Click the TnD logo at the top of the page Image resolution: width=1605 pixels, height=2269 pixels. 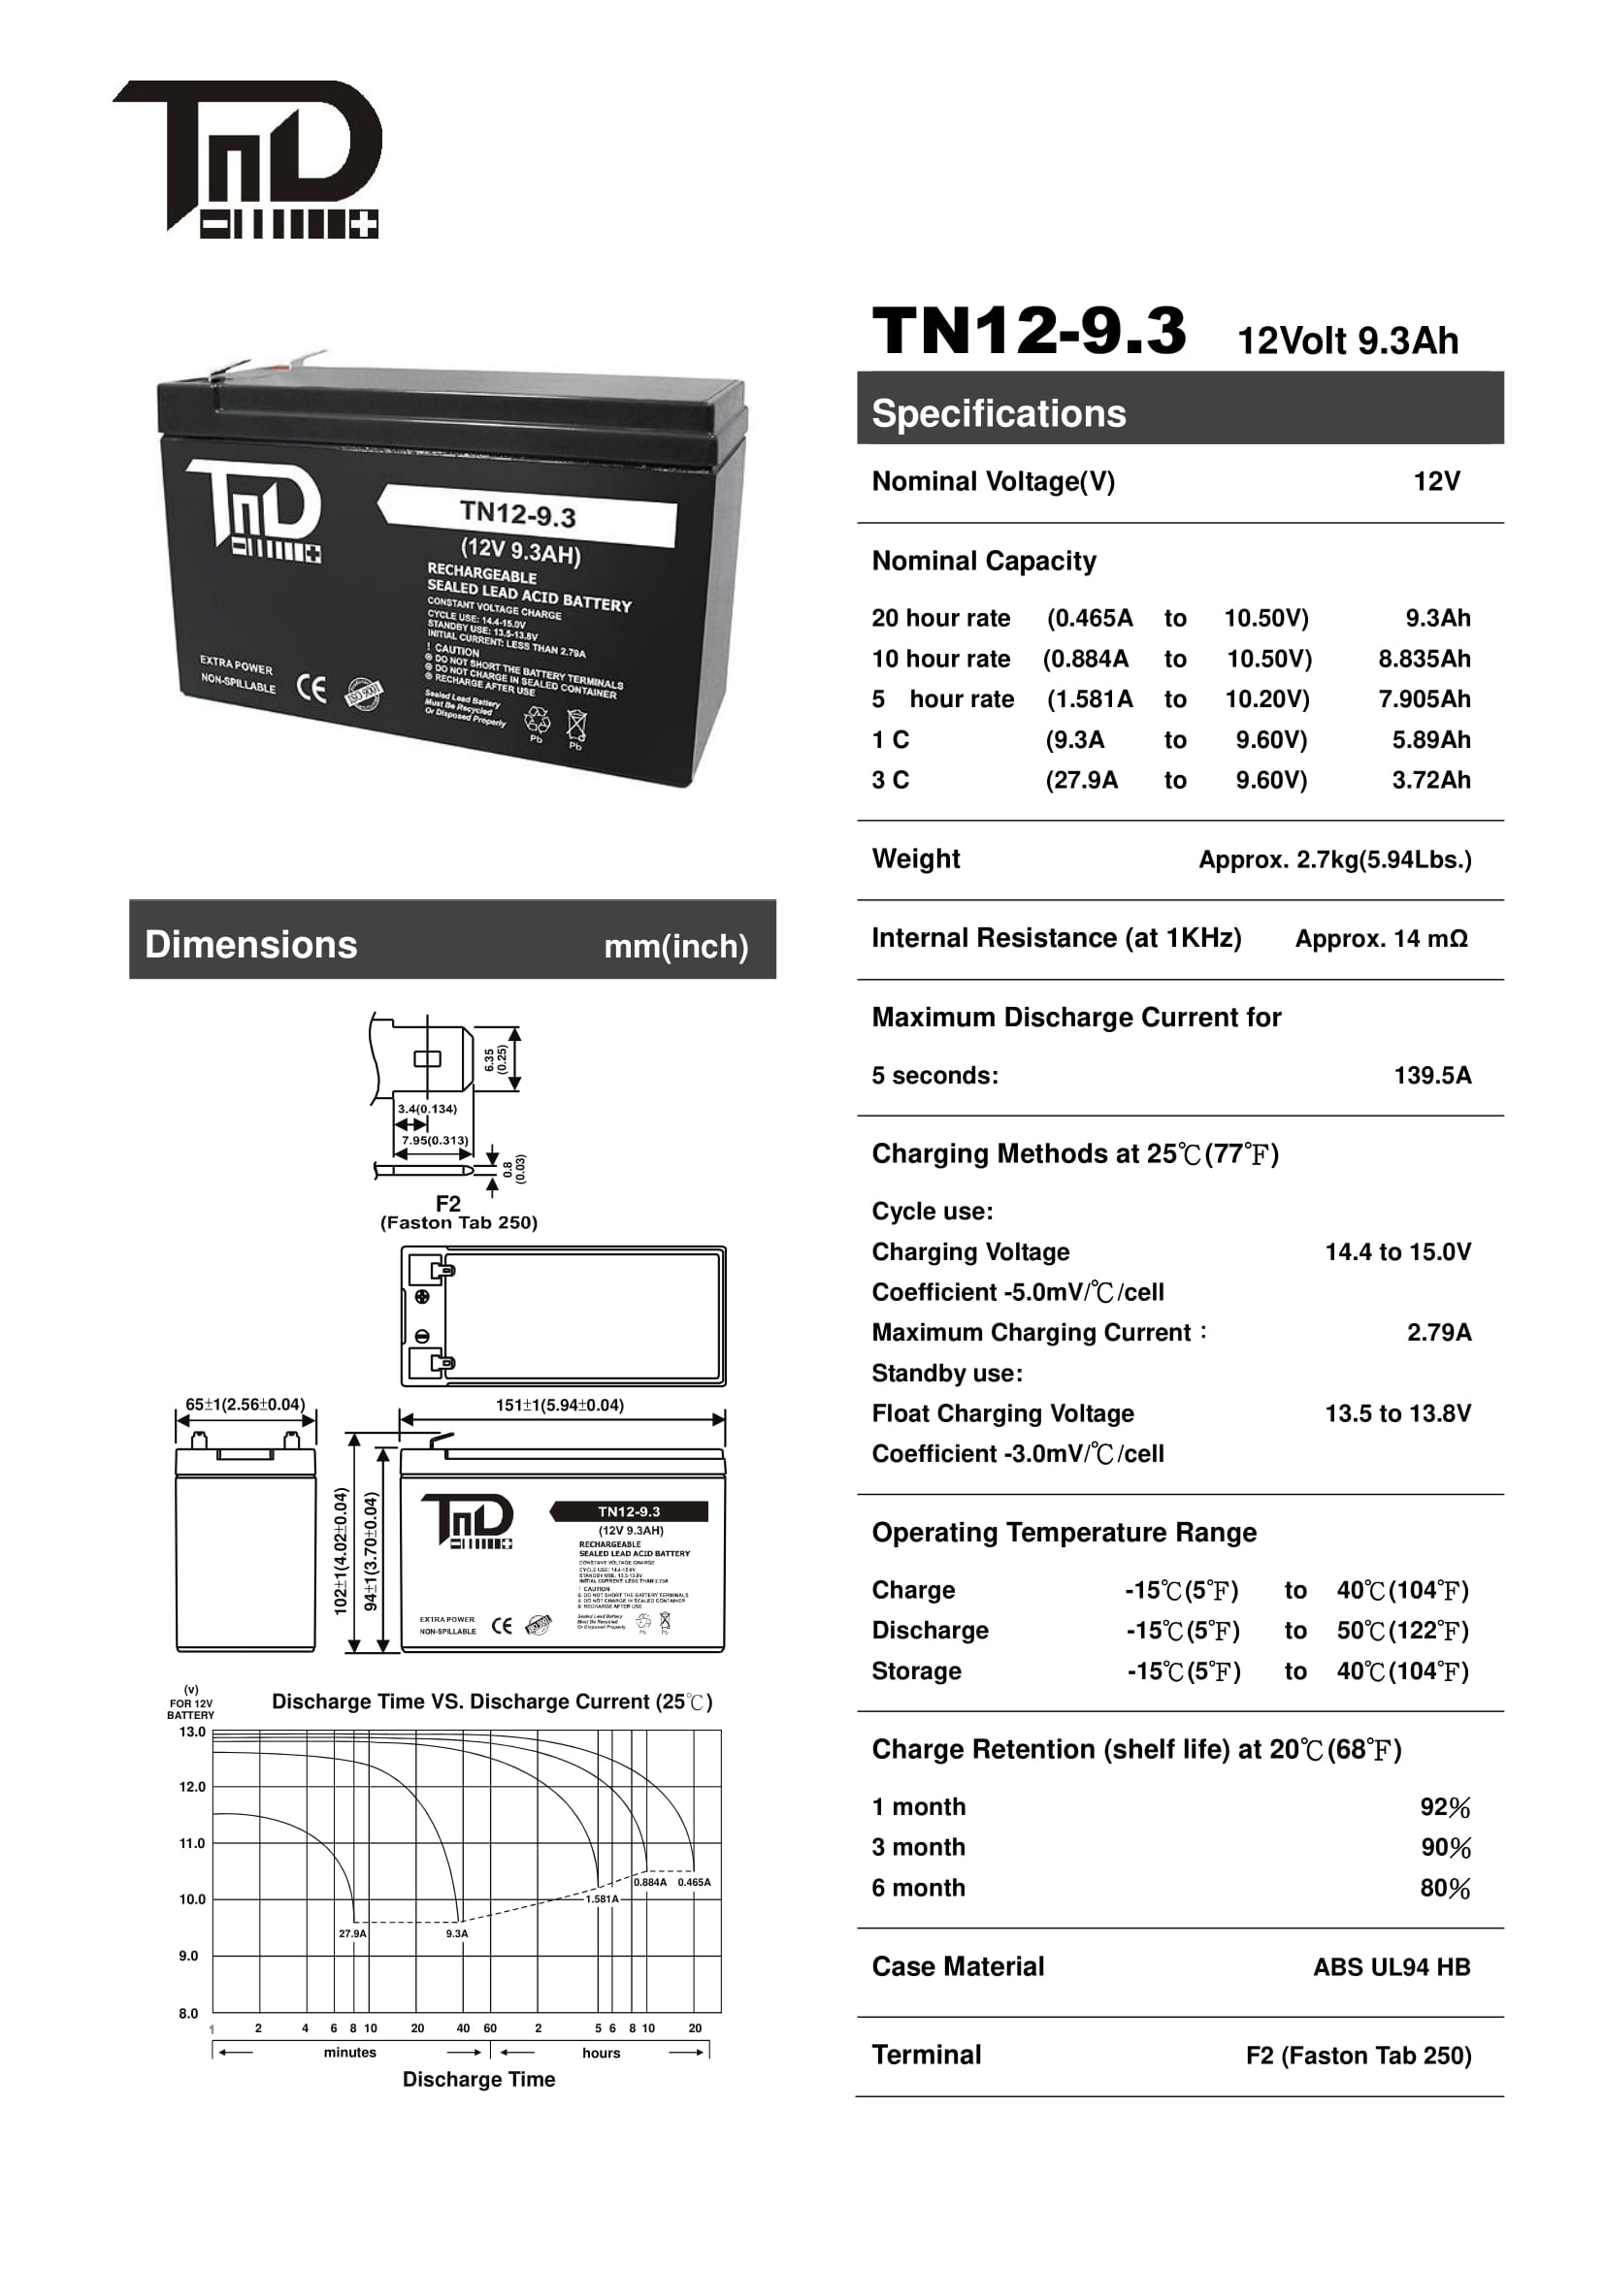pyautogui.click(x=248, y=158)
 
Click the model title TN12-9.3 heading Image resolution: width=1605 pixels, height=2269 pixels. pyautogui.click(x=1028, y=330)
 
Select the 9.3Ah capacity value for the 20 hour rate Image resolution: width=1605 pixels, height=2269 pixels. pyautogui.click(x=1437, y=619)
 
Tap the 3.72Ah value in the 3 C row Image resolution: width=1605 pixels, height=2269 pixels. pyautogui.click(x=1430, y=781)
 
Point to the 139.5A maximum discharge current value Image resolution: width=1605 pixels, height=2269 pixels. pyautogui.click(x=1431, y=1075)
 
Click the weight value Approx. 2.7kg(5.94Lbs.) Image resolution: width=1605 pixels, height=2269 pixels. pyautogui.click(x=1334, y=859)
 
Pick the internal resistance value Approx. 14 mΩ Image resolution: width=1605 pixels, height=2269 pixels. pyautogui.click(x=1381, y=939)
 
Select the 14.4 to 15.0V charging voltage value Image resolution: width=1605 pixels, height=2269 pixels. pyautogui.click(x=1396, y=1252)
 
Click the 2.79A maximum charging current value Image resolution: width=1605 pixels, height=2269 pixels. pyautogui.click(x=1438, y=1332)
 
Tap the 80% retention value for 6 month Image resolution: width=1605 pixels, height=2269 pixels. pyautogui.click(x=1445, y=1888)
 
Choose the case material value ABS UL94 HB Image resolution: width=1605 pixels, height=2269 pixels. pyautogui.click(x=1391, y=1967)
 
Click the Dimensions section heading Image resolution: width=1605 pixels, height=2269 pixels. pyautogui.click(x=251, y=945)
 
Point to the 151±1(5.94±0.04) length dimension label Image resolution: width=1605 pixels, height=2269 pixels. pyautogui.click(x=559, y=1406)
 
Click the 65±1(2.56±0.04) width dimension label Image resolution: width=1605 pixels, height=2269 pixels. pyautogui.click(x=246, y=1405)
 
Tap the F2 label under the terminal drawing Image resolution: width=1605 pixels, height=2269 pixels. pyautogui.click(x=447, y=1204)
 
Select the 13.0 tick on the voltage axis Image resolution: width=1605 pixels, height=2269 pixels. pyautogui.click(x=192, y=1733)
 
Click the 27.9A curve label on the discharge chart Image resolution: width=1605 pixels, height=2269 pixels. pyautogui.click(x=352, y=1934)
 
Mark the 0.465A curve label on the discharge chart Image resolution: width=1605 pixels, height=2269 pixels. pyautogui.click(x=694, y=1883)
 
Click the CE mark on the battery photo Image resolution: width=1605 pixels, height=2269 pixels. pyautogui.click(x=311, y=689)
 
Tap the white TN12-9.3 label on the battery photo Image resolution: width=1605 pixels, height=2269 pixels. pyautogui.click(x=526, y=514)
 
